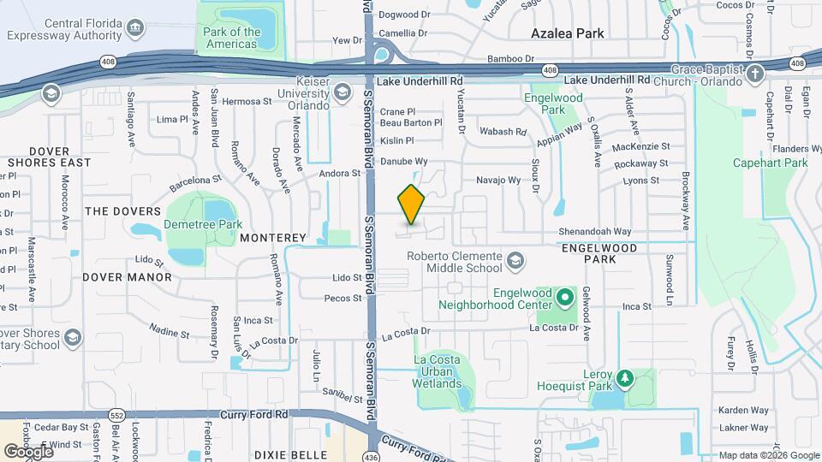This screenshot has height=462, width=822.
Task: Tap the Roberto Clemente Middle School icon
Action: click(515, 260)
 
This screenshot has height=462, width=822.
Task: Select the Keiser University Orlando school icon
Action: click(342, 92)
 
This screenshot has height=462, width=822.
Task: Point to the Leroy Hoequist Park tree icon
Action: click(625, 377)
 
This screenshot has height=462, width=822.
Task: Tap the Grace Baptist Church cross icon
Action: click(755, 73)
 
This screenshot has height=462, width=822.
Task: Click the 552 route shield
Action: click(116, 414)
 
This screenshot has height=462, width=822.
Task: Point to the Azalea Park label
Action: click(567, 33)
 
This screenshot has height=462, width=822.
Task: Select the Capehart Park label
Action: click(770, 163)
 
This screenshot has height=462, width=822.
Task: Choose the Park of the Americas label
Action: click(232, 38)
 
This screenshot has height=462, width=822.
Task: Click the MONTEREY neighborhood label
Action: click(273, 237)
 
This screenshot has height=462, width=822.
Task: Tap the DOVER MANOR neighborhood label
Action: click(127, 277)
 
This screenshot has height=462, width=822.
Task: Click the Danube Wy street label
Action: click(404, 161)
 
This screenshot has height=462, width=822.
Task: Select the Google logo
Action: click(28, 451)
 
